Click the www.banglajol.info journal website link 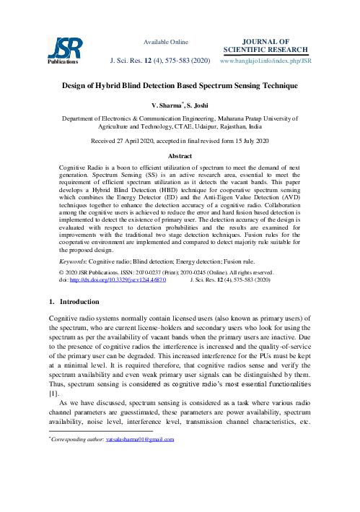click(x=265, y=62)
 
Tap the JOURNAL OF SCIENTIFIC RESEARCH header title click(x=267, y=45)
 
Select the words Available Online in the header click(x=166, y=42)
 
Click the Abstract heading click(x=180, y=156)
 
